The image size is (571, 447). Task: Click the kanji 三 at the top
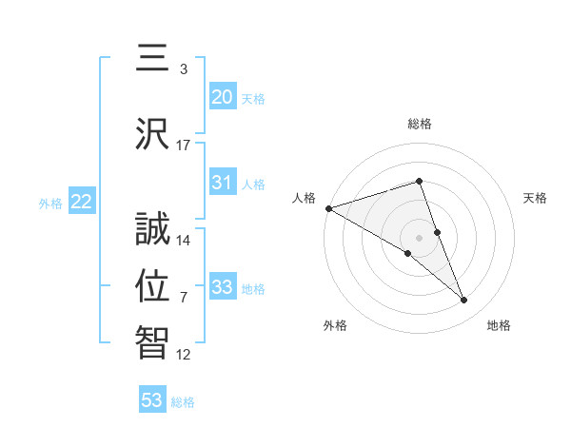tap(153, 61)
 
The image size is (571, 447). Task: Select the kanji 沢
tap(153, 133)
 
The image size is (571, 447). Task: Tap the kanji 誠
tap(153, 227)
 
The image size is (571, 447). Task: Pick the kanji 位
tap(153, 284)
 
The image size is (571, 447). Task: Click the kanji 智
tap(153, 341)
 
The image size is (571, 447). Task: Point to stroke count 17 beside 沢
tap(184, 146)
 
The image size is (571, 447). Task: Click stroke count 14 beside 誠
tap(184, 241)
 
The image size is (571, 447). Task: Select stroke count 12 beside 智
tap(184, 355)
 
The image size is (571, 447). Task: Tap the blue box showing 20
tap(223, 96)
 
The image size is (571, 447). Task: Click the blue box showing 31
tap(223, 183)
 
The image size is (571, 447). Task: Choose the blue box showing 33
tap(223, 287)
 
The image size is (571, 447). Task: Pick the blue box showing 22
tap(82, 201)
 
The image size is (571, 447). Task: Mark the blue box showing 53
tap(152, 400)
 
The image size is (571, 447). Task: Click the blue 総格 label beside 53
tap(184, 402)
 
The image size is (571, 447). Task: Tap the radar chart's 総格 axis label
tap(419, 124)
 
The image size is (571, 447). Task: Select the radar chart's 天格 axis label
tap(536, 198)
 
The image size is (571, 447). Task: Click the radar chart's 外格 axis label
tap(335, 325)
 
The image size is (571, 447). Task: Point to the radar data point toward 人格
tap(328, 208)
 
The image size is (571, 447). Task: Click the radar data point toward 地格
tap(464, 301)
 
